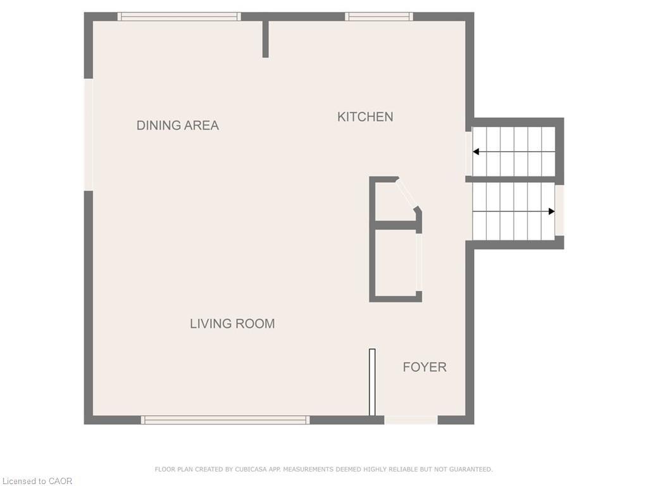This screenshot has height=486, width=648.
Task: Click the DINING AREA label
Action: click(178, 125)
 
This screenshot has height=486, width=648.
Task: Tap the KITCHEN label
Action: click(365, 116)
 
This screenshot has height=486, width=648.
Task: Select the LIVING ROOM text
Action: click(232, 323)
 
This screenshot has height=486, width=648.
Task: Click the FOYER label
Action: click(425, 367)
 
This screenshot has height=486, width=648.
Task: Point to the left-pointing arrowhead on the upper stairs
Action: click(476, 152)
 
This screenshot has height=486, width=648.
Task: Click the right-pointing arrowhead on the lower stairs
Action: click(551, 211)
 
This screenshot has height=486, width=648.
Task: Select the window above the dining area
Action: click(180, 16)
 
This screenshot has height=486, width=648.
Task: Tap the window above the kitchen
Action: click(379, 16)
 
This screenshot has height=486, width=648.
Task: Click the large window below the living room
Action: click(225, 420)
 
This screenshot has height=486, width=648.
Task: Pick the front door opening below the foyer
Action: click(411, 420)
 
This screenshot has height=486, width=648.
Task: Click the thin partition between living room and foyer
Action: click(372, 382)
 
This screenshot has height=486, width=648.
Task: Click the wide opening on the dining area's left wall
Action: click(89, 134)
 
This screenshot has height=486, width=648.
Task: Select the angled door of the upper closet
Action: click(407, 194)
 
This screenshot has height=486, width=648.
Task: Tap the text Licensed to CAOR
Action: click(37, 481)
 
